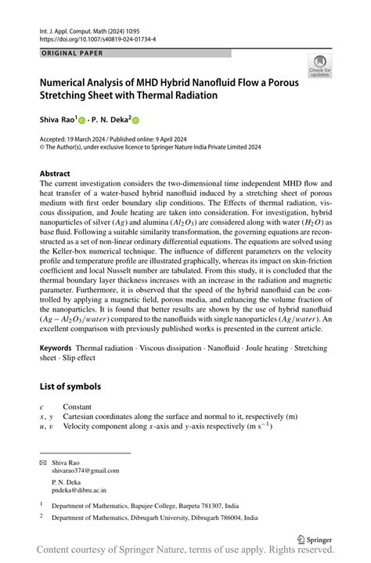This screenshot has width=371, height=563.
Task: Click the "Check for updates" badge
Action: [319, 67]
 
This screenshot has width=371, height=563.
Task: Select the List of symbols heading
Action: [74, 387]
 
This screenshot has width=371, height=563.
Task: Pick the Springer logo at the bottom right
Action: [315, 539]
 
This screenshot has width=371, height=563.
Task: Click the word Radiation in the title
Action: [195, 96]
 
